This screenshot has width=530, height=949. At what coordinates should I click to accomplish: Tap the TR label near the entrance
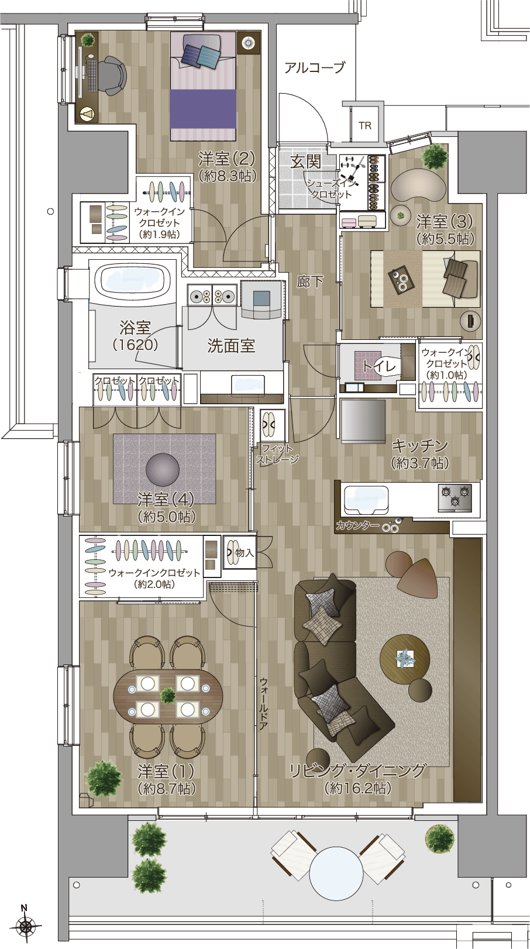[365, 126]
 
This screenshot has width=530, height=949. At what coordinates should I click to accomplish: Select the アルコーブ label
[314, 67]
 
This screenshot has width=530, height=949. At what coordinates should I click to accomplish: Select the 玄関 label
[305, 161]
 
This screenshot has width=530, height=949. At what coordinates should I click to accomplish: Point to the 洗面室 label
[231, 346]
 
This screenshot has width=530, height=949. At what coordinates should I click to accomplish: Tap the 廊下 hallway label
[309, 282]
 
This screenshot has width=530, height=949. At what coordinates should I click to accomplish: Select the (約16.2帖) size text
[357, 788]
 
